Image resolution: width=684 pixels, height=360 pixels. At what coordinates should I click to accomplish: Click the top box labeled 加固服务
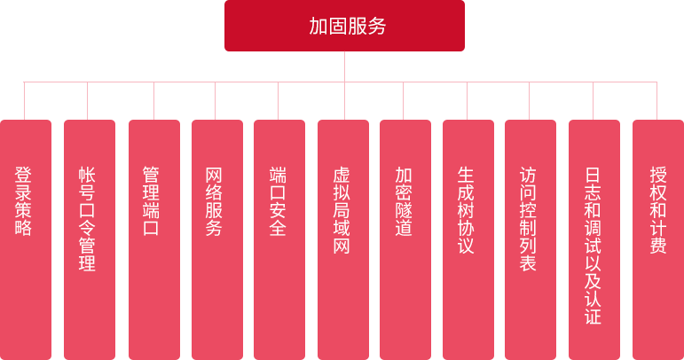click(344, 26)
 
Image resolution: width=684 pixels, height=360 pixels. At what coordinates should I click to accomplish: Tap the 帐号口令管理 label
click(87, 218)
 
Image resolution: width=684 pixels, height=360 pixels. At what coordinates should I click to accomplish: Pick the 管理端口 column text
click(151, 200)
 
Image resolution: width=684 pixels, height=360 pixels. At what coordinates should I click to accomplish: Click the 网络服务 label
click(214, 200)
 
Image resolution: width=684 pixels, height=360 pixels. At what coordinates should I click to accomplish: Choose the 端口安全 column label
click(278, 200)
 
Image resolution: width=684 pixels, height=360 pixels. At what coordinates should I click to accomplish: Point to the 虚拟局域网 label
click(342, 209)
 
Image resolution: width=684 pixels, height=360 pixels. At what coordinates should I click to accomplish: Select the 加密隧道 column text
click(404, 200)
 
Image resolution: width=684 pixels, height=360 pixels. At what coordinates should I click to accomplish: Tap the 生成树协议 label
click(467, 209)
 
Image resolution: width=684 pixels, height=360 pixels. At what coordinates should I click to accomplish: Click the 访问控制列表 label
click(529, 218)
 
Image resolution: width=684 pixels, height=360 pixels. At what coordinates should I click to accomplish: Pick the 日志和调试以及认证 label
click(594, 245)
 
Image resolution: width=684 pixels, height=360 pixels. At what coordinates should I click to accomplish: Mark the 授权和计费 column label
click(657, 209)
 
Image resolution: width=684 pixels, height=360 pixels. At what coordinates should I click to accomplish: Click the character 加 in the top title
click(318, 27)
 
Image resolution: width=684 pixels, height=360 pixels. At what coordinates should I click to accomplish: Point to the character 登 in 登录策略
click(24, 174)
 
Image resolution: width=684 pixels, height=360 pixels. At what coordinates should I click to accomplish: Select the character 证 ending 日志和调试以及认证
click(594, 316)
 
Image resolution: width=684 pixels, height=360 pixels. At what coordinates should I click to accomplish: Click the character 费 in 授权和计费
click(657, 246)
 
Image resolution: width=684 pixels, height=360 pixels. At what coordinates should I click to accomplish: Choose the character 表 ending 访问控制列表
click(529, 263)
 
